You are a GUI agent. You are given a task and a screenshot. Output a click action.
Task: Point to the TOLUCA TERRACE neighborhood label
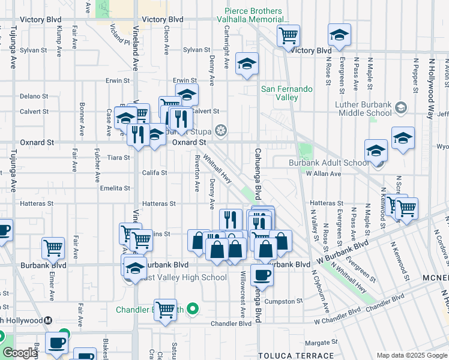coord(286,356)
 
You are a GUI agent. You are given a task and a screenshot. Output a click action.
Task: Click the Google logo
coord(20,353)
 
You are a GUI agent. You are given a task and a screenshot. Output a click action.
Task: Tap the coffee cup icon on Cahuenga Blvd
coord(261,276)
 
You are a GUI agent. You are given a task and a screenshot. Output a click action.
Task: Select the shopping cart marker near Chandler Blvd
coord(165,310)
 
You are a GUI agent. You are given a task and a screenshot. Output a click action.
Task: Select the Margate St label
coord(318,344)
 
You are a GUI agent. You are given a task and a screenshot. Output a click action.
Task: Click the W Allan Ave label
coord(323,174)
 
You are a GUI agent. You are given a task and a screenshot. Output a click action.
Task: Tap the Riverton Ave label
coord(196,175)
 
